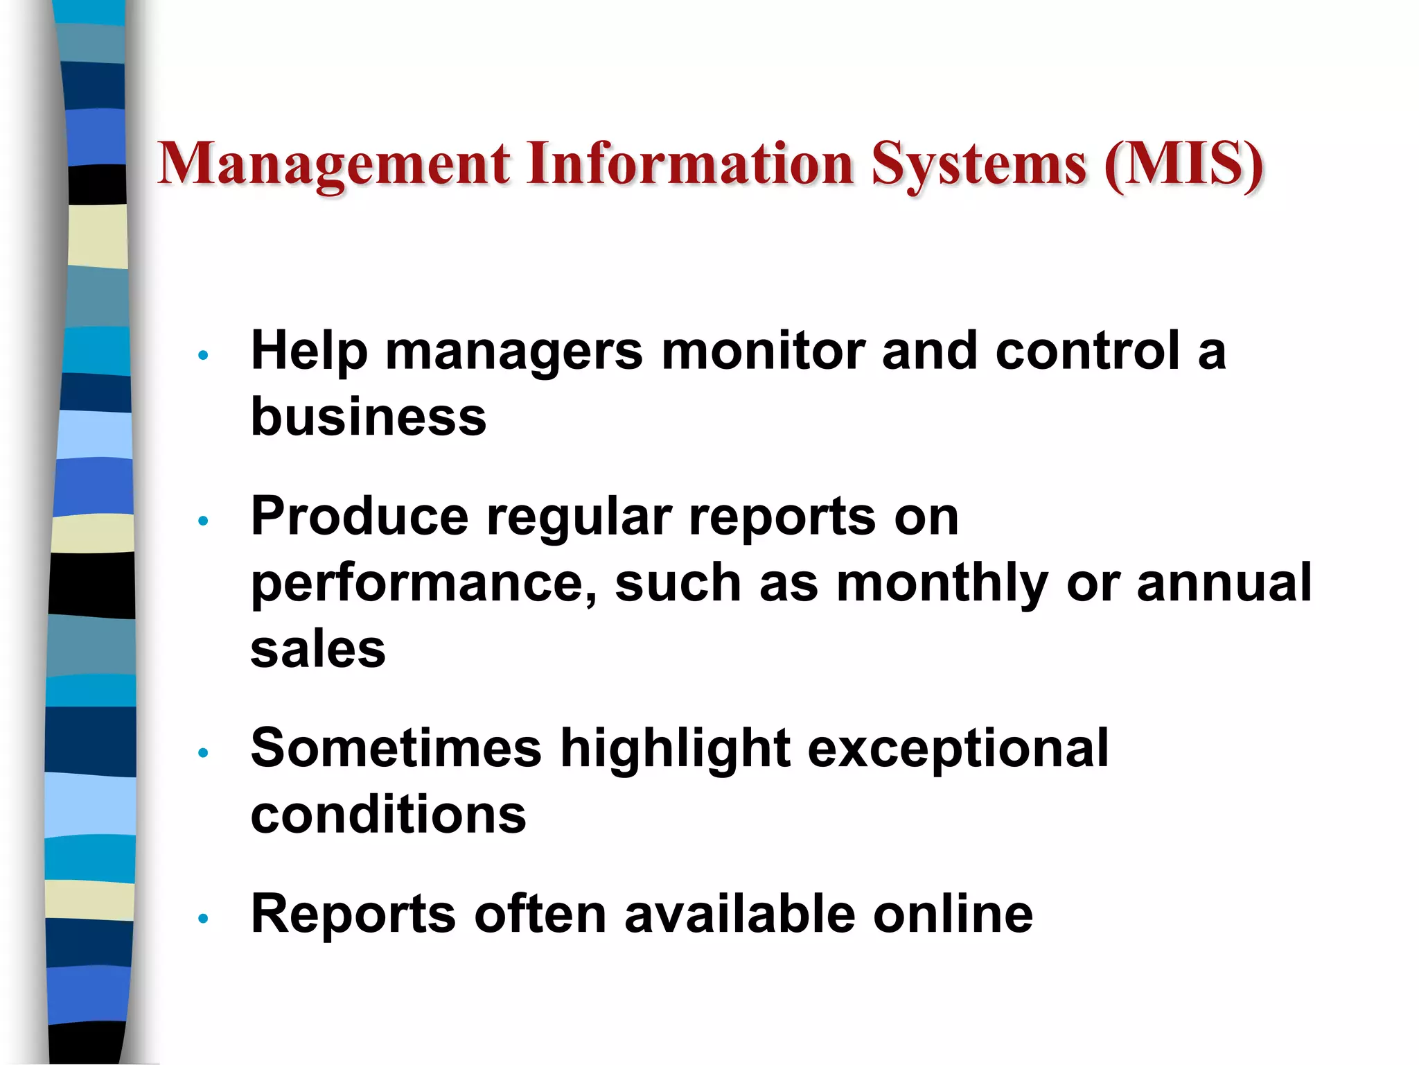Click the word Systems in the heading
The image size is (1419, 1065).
pos(978,165)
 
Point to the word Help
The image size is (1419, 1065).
pos(308,351)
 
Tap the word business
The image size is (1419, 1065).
pos(369,417)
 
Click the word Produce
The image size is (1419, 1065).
pos(360,517)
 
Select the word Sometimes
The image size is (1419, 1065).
pos(396,749)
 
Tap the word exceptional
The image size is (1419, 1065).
pos(958,750)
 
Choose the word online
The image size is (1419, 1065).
pos(953,914)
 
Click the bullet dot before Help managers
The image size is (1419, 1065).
pos(203,356)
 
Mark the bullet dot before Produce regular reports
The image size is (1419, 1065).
pos(203,521)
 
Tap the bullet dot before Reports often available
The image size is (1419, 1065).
pos(203,919)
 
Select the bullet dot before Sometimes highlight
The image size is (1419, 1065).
pos(203,753)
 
